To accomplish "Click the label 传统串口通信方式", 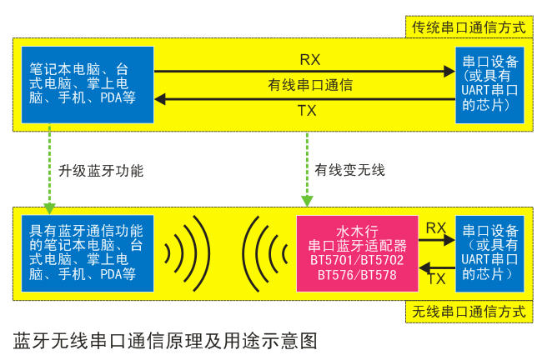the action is coord(469,27).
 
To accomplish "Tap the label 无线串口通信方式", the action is coord(469,311).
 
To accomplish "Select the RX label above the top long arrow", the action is coord(310,60).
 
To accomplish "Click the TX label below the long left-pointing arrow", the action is coord(307,111).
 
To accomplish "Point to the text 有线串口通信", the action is coord(310,85).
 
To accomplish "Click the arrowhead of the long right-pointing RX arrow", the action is coord(449,72).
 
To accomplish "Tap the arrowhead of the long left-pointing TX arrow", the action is coord(160,99).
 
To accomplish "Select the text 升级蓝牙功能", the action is coord(101,171).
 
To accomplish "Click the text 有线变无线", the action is coord(350,170).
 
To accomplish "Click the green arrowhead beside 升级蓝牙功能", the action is coord(49,208).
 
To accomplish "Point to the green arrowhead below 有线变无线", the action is coord(307,201).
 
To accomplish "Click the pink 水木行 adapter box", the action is coord(357,253).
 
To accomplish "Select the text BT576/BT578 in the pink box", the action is coord(357,275).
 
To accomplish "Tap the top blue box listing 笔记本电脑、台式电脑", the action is coord(88,85).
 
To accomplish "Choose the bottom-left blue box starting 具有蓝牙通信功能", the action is coord(88,253).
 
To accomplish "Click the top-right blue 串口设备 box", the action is coord(489,85).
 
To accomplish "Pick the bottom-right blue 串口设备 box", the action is coord(489,253).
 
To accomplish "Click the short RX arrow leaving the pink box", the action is coord(437,240).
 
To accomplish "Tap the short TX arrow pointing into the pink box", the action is coord(437,268).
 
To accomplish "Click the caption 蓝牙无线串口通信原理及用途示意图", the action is coord(165,341).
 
